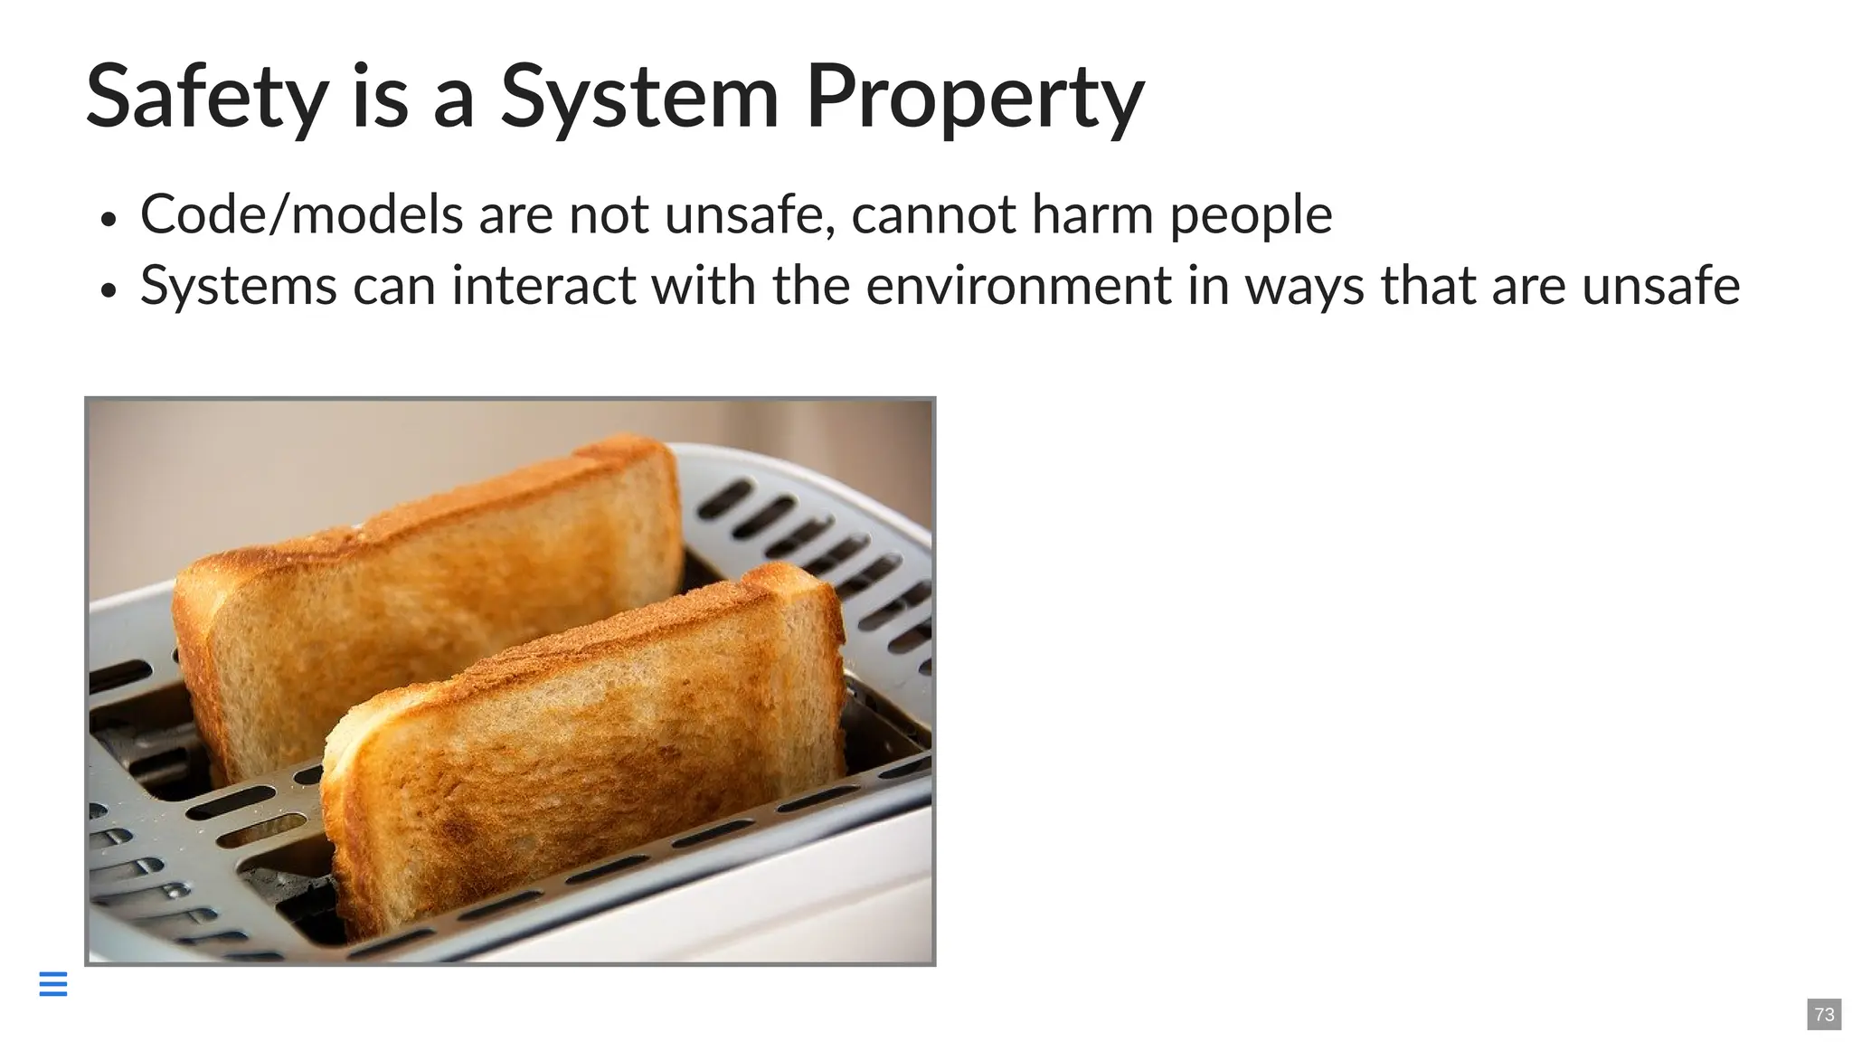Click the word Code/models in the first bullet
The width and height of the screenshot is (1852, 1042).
(302, 215)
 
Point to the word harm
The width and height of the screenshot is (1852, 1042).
(1092, 215)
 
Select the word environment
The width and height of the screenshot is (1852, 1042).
(1018, 286)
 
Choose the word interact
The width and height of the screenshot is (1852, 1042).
(543, 286)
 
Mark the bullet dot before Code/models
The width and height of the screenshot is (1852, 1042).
(109, 220)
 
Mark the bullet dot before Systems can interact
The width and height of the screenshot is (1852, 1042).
(109, 290)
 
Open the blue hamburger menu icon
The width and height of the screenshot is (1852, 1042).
(53, 984)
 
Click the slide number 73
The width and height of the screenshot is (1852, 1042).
(1824, 1014)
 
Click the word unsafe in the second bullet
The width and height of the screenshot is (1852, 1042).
(1660, 286)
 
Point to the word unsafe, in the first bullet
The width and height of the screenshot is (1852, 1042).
(750, 215)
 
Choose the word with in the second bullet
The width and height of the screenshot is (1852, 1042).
(703, 286)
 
